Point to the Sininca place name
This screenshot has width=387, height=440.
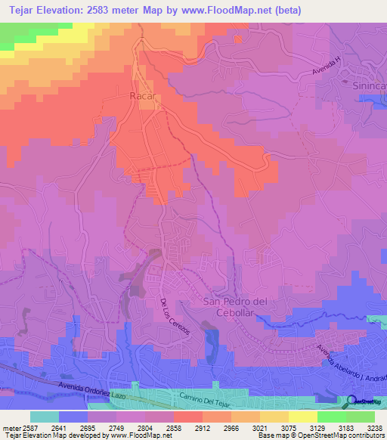click(367, 87)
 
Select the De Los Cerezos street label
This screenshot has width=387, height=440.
click(175, 316)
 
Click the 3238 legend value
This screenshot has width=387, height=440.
click(374, 427)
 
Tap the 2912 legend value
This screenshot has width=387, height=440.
click(202, 427)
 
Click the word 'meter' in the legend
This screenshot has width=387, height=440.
click(12, 427)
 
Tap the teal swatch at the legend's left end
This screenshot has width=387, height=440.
click(45, 417)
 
